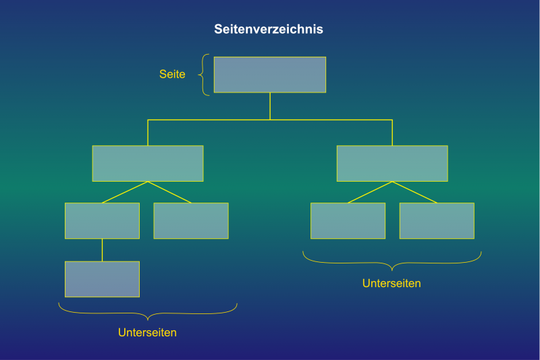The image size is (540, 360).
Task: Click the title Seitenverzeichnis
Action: [x=269, y=30]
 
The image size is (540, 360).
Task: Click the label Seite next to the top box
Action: [x=172, y=75]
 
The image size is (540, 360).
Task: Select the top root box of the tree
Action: [x=269, y=74]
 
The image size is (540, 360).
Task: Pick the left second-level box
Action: [x=147, y=163]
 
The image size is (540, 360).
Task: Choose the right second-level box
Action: [x=391, y=163]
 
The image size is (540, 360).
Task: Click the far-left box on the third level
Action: [x=102, y=221]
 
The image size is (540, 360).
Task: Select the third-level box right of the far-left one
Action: [x=191, y=221]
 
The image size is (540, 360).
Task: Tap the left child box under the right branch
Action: [x=348, y=221]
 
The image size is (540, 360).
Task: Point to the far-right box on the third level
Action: [x=437, y=221]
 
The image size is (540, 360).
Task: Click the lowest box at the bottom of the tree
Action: [x=102, y=279]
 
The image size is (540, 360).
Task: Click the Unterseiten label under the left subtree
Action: [x=147, y=332]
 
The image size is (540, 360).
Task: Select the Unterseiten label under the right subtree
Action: [x=391, y=284]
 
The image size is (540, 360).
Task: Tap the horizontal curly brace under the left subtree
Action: [x=147, y=312]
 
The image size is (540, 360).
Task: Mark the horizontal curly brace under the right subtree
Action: [x=391, y=261]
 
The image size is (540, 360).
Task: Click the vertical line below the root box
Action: [x=270, y=106]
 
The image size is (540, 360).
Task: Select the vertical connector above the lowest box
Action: [x=102, y=250]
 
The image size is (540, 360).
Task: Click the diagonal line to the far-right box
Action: [x=414, y=192]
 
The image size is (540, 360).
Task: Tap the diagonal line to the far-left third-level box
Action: [x=125, y=192]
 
